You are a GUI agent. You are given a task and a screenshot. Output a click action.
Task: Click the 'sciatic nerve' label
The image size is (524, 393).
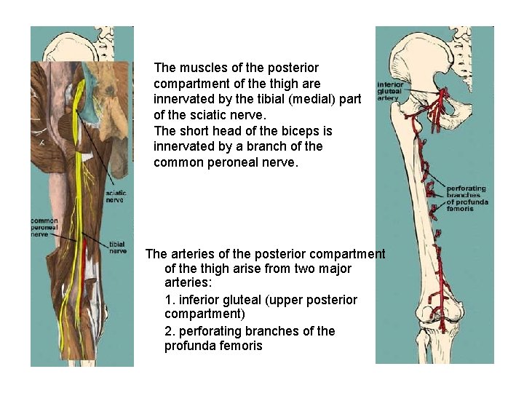[x=114, y=196]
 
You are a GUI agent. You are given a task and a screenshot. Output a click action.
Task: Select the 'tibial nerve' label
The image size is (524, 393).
[x=116, y=247]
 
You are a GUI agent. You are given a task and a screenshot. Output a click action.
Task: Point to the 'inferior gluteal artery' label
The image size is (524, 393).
[x=390, y=90]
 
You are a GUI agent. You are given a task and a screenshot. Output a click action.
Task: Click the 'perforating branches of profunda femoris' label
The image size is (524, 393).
[x=467, y=198]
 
